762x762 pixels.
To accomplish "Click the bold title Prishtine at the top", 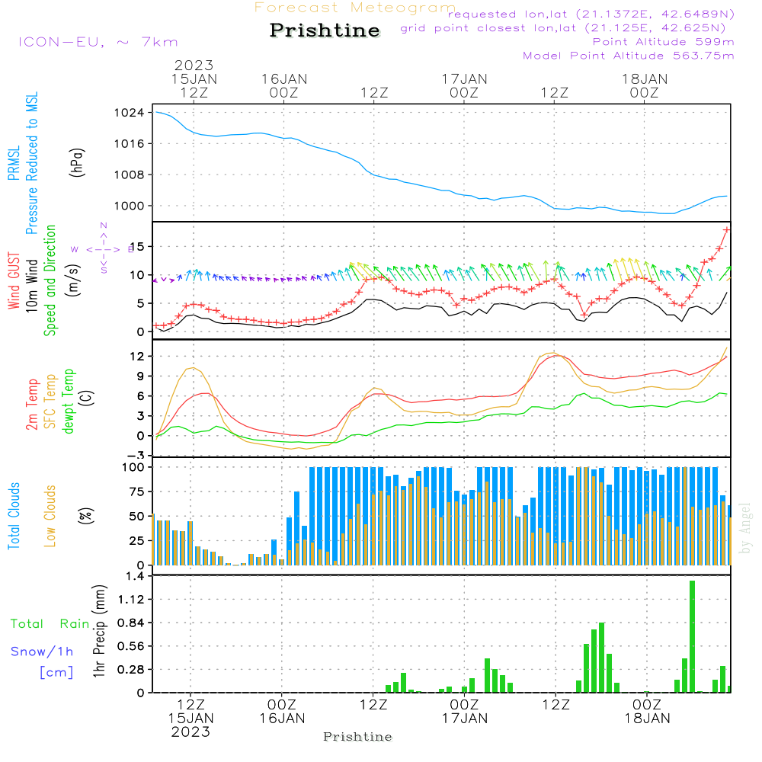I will click(325, 30).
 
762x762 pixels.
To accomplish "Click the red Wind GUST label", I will click(14, 282).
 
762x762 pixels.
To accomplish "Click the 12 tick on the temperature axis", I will click(137, 356).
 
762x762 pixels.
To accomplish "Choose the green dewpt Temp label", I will click(69, 402).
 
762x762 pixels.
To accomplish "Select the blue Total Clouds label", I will click(14, 516).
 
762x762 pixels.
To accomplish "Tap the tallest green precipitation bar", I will click(692, 636).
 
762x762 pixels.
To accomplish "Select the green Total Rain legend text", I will click(50, 623).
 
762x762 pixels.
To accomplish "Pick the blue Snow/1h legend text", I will click(42, 652).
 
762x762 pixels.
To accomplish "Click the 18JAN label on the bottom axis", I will click(647, 718).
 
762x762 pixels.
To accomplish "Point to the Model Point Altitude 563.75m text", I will click(629, 56).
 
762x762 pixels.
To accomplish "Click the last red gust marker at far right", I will click(726, 229).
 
